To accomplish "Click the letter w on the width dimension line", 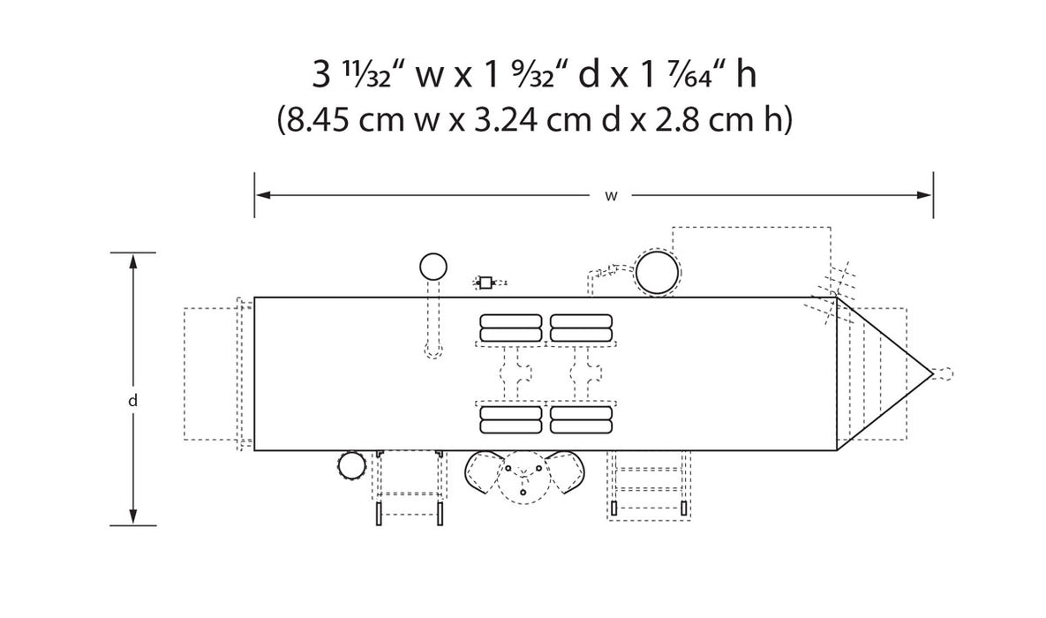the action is tap(611, 196).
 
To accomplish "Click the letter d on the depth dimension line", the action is tap(132, 401).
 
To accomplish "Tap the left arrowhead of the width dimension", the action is tap(263, 195).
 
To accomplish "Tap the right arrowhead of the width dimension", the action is tap(924, 195).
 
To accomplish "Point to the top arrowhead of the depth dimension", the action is tap(132, 261).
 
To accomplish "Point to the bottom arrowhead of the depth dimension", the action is tap(132, 516).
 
